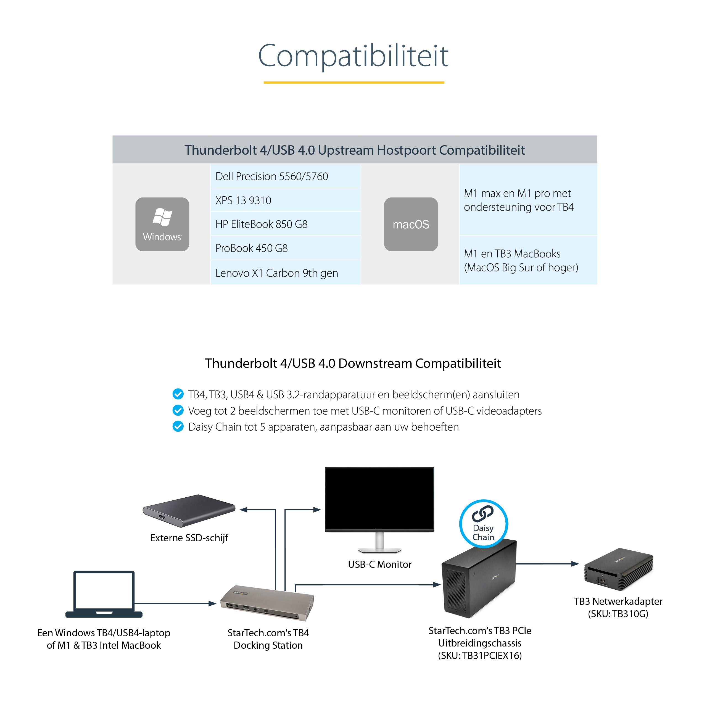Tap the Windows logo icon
[162, 218]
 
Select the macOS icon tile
[411, 224]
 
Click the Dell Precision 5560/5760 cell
[286, 176]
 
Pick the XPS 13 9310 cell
[286, 201]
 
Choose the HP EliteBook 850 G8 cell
[286, 224]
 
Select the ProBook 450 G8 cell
[286, 248]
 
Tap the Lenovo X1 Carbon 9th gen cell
[286, 273]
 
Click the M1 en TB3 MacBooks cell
[528, 260]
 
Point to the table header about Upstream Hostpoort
[354, 150]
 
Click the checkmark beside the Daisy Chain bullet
[178, 426]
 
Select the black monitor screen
[379, 498]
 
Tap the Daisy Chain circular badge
[483, 524]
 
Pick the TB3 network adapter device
[618, 569]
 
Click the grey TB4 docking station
[267, 603]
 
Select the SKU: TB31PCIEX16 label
[480, 655]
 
